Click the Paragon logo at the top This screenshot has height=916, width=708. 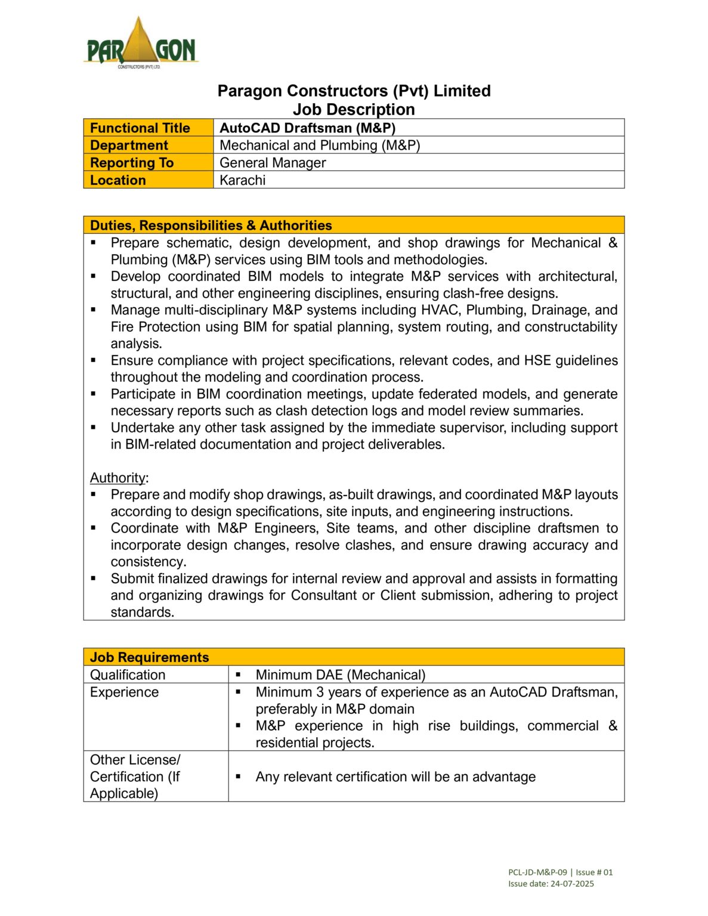click(141, 42)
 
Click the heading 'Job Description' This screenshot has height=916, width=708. click(354, 110)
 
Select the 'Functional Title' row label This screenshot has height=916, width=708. click(140, 128)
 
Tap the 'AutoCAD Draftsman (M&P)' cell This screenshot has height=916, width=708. click(307, 128)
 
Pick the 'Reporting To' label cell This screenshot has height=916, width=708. click(132, 163)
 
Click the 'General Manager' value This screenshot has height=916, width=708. click(273, 163)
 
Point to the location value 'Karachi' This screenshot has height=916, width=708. click(242, 180)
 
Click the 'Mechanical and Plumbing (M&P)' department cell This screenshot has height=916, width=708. click(320, 146)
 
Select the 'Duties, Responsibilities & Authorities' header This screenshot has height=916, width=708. click(211, 225)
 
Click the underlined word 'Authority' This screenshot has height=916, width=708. click(118, 478)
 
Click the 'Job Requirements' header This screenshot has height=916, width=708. click(149, 657)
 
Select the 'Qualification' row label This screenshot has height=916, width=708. click(128, 674)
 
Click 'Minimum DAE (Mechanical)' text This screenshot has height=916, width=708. click(340, 674)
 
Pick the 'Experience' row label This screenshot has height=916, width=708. click(124, 692)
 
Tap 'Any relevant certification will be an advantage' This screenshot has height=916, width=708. click(395, 776)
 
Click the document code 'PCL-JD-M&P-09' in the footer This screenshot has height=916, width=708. click(537, 872)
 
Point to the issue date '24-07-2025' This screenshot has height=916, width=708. click(572, 884)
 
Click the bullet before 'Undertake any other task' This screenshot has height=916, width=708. click(94, 428)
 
